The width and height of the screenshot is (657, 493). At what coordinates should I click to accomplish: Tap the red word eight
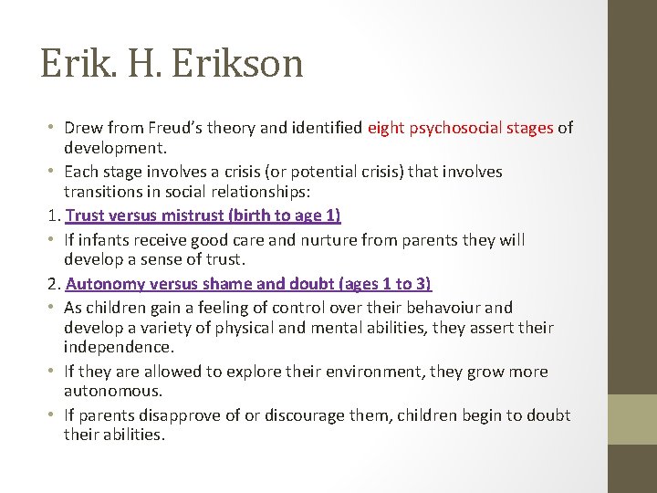[386, 128]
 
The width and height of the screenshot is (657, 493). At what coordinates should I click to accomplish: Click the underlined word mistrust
[182, 216]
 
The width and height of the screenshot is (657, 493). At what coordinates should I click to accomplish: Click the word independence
[114, 348]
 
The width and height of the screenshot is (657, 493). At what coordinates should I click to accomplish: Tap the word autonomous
[113, 391]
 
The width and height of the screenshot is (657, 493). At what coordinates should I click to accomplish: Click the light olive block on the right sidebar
[632, 417]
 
